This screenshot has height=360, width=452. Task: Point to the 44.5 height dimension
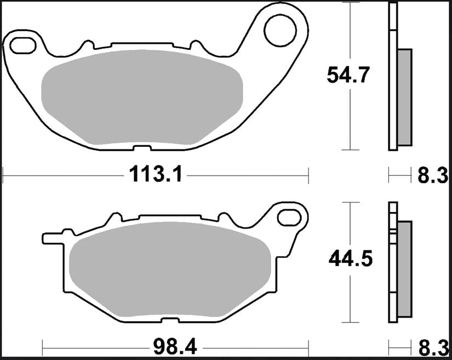[351, 259]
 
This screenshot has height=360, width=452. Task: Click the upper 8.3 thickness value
[433, 176]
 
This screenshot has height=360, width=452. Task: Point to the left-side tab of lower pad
[52, 238]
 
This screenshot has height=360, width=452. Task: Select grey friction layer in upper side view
[404, 97]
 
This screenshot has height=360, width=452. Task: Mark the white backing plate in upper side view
[392, 77]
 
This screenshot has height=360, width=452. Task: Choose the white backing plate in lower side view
[392, 263]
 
